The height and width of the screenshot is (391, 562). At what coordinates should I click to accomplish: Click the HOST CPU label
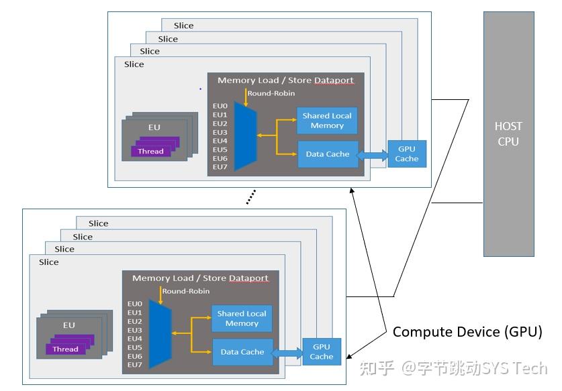(x=508, y=133)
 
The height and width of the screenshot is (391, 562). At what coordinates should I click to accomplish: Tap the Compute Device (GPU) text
(x=467, y=331)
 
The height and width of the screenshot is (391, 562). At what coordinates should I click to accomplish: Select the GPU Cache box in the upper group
(x=406, y=154)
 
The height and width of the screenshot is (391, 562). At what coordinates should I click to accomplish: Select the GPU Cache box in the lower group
(x=321, y=351)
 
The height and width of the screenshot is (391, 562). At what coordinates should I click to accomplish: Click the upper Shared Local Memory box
(x=327, y=121)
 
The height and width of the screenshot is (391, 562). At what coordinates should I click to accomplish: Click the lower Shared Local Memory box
(x=242, y=319)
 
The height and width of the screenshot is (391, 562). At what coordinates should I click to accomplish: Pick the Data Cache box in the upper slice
(x=327, y=154)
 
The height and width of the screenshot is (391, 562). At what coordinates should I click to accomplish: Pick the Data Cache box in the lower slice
(x=242, y=352)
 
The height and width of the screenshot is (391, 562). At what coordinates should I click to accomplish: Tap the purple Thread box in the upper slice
(x=151, y=151)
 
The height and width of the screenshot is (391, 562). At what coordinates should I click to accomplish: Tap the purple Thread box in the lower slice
(x=66, y=349)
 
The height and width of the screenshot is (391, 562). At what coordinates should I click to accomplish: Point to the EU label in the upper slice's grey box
(x=154, y=127)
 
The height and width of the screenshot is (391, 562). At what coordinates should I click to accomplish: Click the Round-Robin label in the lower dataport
(x=183, y=291)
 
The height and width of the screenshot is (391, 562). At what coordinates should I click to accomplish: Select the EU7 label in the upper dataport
(x=220, y=167)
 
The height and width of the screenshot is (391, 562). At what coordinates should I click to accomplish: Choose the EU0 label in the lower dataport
(x=135, y=304)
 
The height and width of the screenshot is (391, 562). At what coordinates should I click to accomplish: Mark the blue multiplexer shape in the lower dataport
(x=160, y=334)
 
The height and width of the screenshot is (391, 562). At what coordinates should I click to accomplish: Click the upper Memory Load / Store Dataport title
(x=285, y=80)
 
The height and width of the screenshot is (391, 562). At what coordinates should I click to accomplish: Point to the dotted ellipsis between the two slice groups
(x=250, y=197)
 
